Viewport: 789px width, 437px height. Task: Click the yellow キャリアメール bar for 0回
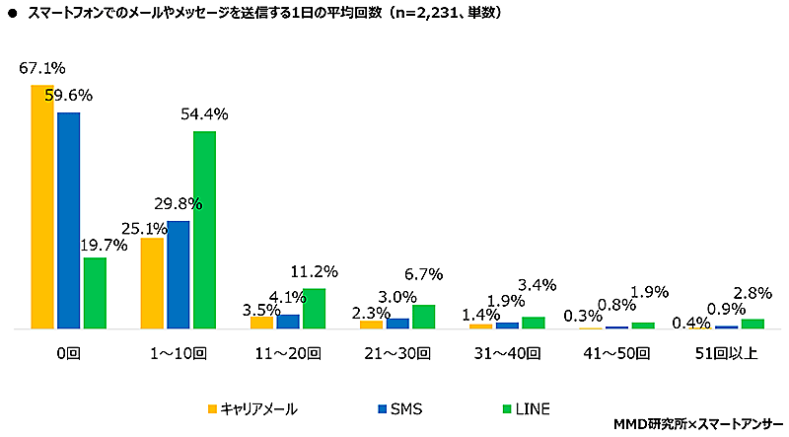42,207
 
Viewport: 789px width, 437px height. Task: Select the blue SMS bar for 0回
68,220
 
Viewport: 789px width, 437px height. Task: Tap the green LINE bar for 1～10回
204,230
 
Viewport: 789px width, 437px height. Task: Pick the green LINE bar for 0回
95,293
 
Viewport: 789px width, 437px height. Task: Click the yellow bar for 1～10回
152,283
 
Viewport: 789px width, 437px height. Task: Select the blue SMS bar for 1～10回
179,274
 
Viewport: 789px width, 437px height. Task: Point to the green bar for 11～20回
314,308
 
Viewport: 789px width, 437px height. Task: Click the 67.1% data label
41,68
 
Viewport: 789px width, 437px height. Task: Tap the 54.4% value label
204,114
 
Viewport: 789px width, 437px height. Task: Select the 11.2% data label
315,270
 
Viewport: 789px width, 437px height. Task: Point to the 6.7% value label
424,274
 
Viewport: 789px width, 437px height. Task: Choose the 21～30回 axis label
397,353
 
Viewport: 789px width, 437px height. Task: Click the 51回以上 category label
725,353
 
